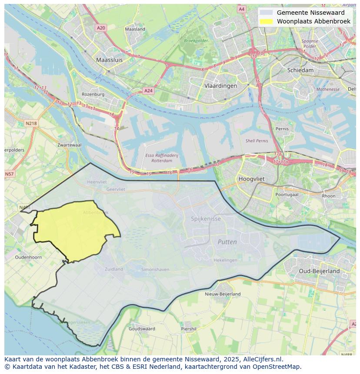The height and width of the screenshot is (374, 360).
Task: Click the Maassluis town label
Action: click(109, 60)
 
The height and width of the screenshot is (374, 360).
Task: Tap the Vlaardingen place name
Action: click(220, 86)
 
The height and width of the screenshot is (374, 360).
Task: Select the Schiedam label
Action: click(300, 70)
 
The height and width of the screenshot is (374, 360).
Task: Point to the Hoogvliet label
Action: click(252, 179)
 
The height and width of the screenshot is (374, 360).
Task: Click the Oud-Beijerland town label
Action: click(319, 271)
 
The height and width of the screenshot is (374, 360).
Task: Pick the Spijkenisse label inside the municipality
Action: click(206, 218)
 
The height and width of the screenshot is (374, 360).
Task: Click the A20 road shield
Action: click(101, 28)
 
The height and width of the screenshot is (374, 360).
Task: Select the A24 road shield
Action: click(148, 91)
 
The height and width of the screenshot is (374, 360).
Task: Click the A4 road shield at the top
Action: click(242, 9)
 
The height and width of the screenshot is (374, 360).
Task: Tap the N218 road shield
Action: click(31, 123)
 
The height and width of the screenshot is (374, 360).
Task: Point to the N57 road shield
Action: click(9, 174)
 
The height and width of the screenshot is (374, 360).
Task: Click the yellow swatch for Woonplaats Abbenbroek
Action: click(267, 21)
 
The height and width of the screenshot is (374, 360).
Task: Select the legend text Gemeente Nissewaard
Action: click(310, 13)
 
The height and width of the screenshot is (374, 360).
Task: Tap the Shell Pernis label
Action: click(257, 141)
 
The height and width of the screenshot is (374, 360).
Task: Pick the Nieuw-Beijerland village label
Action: click(223, 294)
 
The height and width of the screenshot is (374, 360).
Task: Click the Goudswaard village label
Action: click(142, 329)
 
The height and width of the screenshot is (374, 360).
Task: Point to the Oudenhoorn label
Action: click(28, 257)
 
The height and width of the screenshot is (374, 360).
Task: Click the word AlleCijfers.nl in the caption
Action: click(261, 359)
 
